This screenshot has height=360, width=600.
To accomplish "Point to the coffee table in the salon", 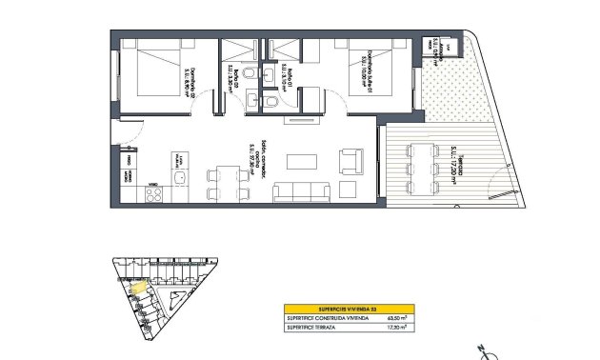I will pos(304,159).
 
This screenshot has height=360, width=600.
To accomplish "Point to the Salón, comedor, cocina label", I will pos(253,153).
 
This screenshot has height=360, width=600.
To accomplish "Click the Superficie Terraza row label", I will pos(314,328).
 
